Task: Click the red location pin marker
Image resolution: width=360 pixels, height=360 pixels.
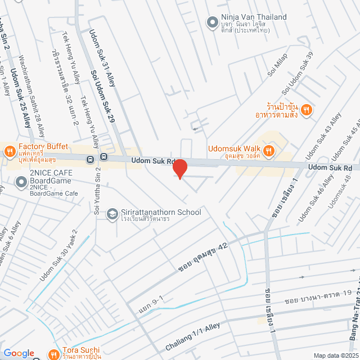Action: [x=179, y=168]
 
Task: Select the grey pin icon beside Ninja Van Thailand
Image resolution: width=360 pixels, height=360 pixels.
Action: [x=212, y=22]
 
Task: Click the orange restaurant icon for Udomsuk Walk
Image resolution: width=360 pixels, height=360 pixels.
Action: [x=269, y=150]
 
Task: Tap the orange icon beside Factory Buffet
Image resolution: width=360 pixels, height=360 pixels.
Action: [x=10, y=151]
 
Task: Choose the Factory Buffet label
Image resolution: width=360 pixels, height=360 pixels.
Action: [x=43, y=147]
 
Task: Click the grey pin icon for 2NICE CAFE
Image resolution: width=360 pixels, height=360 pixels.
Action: [x=21, y=182]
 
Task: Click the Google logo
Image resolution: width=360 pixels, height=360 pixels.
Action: [x=19, y=353]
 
